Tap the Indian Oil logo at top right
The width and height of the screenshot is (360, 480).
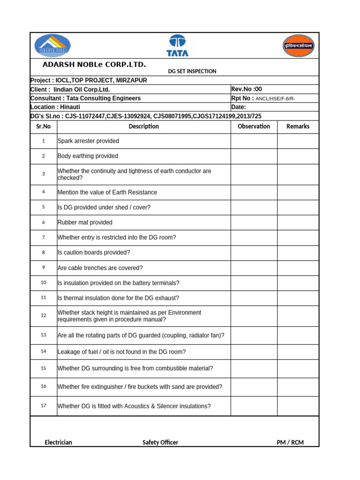[x=298, y=45]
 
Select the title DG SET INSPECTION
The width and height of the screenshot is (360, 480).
[x=192, y=71]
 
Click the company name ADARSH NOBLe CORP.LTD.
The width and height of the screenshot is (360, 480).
[x=94, y=64]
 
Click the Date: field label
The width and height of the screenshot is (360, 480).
[x=239, y=107]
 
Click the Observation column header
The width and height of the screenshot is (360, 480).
[x=254, y=126]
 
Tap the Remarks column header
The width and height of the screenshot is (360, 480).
[x=298, y=126]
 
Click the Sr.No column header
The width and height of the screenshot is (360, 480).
[x=43, y=126]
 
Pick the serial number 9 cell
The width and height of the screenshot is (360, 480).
[x=43, y=268]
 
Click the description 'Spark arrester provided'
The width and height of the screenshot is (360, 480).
[x=88, y=141]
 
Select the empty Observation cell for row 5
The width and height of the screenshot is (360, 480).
[x=254, y=207]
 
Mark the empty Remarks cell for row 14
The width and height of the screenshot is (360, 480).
[x=298, y=352]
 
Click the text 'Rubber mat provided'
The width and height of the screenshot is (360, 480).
[x=85, y=222]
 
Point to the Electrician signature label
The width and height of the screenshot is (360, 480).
[x=58, y=442]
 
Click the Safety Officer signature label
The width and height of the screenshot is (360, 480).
[x=160, y=442]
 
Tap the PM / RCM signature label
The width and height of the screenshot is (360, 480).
[x=290, y=442]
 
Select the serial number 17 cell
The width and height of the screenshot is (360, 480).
[x=43, y=406]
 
